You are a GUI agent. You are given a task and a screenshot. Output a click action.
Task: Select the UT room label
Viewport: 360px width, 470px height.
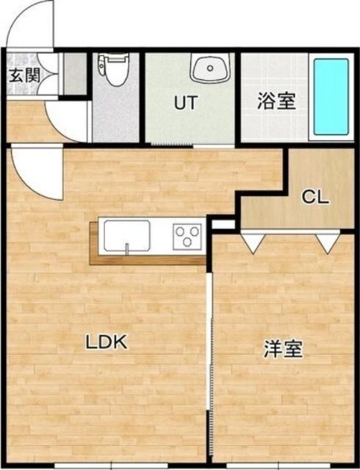[x=184, y=103]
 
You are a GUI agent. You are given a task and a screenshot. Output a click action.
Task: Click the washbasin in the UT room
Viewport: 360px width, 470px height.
[x=211, y=69]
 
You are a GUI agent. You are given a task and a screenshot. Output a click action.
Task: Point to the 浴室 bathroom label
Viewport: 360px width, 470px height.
[x=276, y=101]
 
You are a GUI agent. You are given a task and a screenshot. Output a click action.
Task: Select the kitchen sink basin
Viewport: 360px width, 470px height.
[x=126, y=238]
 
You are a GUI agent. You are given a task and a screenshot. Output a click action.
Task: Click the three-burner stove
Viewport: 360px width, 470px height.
[x=187, y=237]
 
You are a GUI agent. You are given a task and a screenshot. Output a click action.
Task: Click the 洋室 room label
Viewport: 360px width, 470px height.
[x=283, y=350]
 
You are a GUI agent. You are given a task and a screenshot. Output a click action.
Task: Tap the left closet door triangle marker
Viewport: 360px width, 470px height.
[x=251, y=243]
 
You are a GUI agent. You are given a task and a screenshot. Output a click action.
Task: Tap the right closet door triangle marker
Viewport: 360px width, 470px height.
[x=324, y=243]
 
